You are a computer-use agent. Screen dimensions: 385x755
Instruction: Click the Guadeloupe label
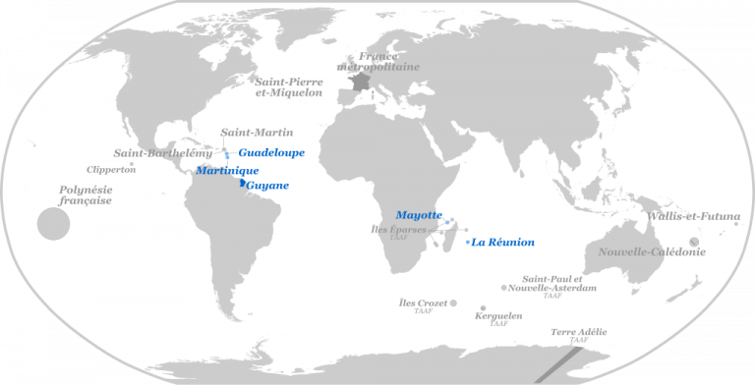click(271, 153)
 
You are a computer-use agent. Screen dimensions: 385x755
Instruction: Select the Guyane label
click(268, 185)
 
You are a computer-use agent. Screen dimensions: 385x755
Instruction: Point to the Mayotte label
click(419, 214)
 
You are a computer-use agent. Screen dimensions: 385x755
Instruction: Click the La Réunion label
click(503, 242)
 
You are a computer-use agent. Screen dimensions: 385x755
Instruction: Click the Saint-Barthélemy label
click(163, 153)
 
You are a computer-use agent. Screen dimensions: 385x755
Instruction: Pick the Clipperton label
click(111, 169)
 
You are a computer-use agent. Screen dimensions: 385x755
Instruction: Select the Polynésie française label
click(86, 194)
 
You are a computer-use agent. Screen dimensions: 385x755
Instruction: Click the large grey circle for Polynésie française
click(54, 223)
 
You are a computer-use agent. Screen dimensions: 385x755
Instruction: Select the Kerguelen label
click(498, 316)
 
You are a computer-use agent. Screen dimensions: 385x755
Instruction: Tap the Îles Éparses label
click(398, 230)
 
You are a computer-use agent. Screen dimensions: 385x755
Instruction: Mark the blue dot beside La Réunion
click(467, 242)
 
